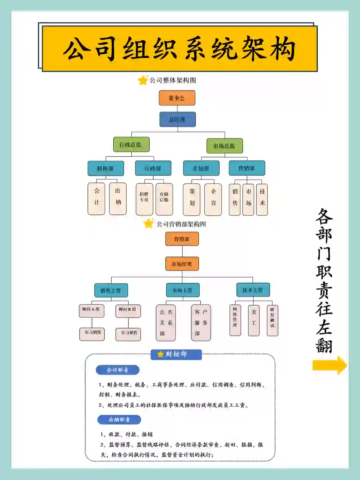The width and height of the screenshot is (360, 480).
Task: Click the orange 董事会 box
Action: pos(177,98)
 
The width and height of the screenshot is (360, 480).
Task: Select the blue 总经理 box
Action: pos(177,119)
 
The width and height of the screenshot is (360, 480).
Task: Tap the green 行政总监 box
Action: pos(131,144)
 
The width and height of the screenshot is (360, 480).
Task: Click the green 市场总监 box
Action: pos(224,146)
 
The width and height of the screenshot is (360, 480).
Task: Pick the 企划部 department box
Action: pos(201,168)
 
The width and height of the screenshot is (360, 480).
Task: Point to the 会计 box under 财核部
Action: pos(96,198)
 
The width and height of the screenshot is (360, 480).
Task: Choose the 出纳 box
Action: pos(118,198)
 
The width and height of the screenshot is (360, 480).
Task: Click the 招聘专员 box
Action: pos(144,199)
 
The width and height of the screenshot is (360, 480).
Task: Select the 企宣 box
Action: pos(213,199)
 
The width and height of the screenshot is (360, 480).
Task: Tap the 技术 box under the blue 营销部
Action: pos(262,199)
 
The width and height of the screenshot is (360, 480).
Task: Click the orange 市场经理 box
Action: pos(182,264)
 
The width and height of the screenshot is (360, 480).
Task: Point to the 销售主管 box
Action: pos(111,291)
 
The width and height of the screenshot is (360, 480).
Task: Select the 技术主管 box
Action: pos(253,290)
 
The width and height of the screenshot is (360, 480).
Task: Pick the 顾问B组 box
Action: pos(128,311)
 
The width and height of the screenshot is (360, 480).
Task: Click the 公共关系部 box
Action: pos(166,323)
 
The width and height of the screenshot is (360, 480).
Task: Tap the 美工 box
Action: pos(254,320)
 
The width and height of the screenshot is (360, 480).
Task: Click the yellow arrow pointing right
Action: pos(329,365)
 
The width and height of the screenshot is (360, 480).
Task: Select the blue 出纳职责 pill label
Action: pos(119,420)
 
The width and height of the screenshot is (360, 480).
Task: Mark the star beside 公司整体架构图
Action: pos(143,80)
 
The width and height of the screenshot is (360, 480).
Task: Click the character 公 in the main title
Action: pos(77,49)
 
